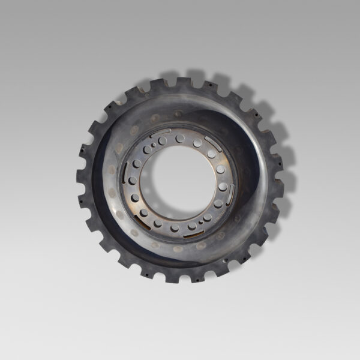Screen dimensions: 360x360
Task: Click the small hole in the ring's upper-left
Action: click(154, 145)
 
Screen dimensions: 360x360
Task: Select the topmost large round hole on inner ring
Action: click(180, 138)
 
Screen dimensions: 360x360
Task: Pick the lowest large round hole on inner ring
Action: click(175, 228)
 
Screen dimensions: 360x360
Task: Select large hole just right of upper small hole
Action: click(162, 141)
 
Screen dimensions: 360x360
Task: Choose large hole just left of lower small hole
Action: click(191, 226)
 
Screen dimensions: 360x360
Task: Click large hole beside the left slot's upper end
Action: click(137, 163)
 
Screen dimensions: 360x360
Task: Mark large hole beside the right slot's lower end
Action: click(218, 204)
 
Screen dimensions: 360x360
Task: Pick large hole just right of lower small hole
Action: click(207, 217)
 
